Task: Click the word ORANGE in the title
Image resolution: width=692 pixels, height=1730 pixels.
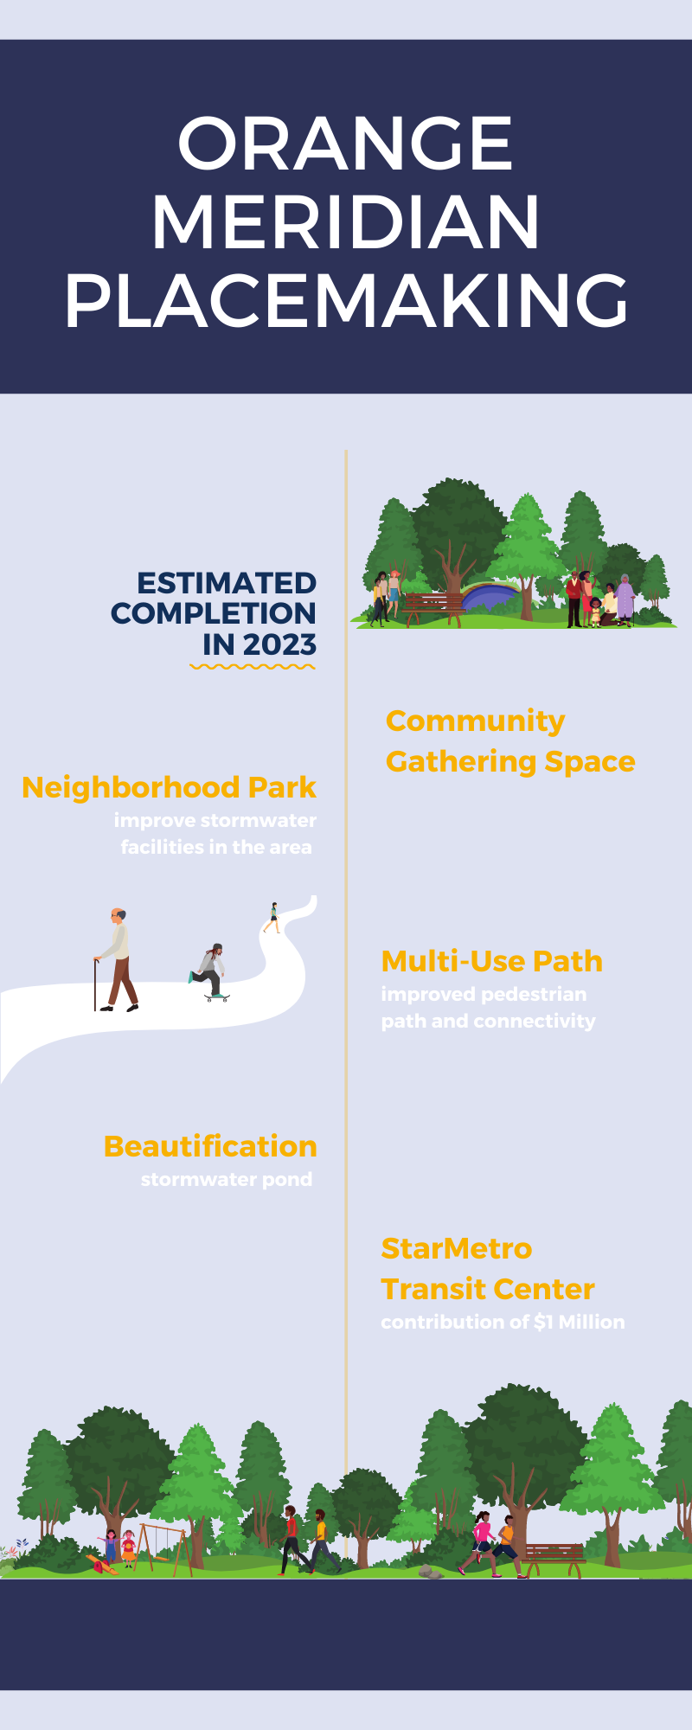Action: [345, 144]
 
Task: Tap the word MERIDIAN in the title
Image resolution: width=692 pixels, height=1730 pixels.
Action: [346, 222]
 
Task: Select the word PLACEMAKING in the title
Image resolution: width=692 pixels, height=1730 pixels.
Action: [346, 300]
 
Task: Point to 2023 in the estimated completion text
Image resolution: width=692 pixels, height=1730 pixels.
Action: [279, 644]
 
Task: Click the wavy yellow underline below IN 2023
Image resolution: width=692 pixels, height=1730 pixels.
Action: [253, 667]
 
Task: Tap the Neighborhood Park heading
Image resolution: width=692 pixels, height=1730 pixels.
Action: [169, 787]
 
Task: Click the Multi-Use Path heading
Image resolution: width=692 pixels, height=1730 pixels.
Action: [491, 961]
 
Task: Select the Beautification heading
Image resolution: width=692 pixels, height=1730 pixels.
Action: [210, 1146]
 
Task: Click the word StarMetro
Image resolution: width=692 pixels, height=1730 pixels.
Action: [457, 1248]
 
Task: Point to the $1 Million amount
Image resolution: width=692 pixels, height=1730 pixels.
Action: [579, 1322]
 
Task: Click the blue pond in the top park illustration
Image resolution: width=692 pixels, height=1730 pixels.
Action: [490, 596]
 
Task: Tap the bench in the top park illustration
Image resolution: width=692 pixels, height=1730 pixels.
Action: [433, 605]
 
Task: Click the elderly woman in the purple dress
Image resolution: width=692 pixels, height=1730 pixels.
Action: [625, 597]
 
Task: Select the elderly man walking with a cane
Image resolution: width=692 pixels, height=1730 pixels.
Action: [118, 960]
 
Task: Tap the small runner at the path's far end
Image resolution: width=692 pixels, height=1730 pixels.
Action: [273, 918]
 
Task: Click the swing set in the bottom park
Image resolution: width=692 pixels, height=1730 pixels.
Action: [164, 1549]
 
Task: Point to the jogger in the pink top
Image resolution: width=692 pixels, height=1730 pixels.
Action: [481, 1544]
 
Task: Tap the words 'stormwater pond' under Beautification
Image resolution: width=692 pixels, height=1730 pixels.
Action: [227, 1179]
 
